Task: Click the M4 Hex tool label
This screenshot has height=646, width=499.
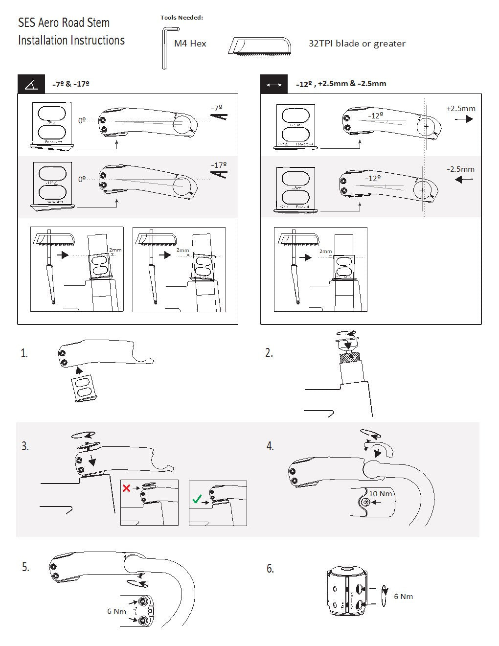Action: tap(190, 44)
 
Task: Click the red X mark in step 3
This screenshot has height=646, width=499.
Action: tap(126, 488)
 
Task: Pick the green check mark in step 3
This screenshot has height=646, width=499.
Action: tap(197, 499)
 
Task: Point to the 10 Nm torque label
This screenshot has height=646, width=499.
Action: tap(381, 494)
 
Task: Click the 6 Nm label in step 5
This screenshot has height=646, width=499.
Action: tap(116, 611)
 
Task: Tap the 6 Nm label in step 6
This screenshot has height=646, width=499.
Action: tap(404, 596)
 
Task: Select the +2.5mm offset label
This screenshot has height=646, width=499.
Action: tap(460, 108)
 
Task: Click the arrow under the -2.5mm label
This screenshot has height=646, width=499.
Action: tap(464, 180)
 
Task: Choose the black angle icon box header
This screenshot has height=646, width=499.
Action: tap(31, 84)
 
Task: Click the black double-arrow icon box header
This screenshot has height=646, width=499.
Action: tap(274, 84)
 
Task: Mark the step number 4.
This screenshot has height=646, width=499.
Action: tap(270, 446)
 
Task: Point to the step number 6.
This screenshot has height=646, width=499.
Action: tap(270, 568)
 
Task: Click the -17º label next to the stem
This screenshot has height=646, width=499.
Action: tap(219, 165)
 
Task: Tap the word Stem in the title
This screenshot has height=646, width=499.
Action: tap(98, 23)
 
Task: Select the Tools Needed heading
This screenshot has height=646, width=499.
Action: tap(181, 18)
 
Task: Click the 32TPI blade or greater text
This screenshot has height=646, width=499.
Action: tap(357, 44)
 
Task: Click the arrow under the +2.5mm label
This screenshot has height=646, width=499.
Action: tap(464, 119)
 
